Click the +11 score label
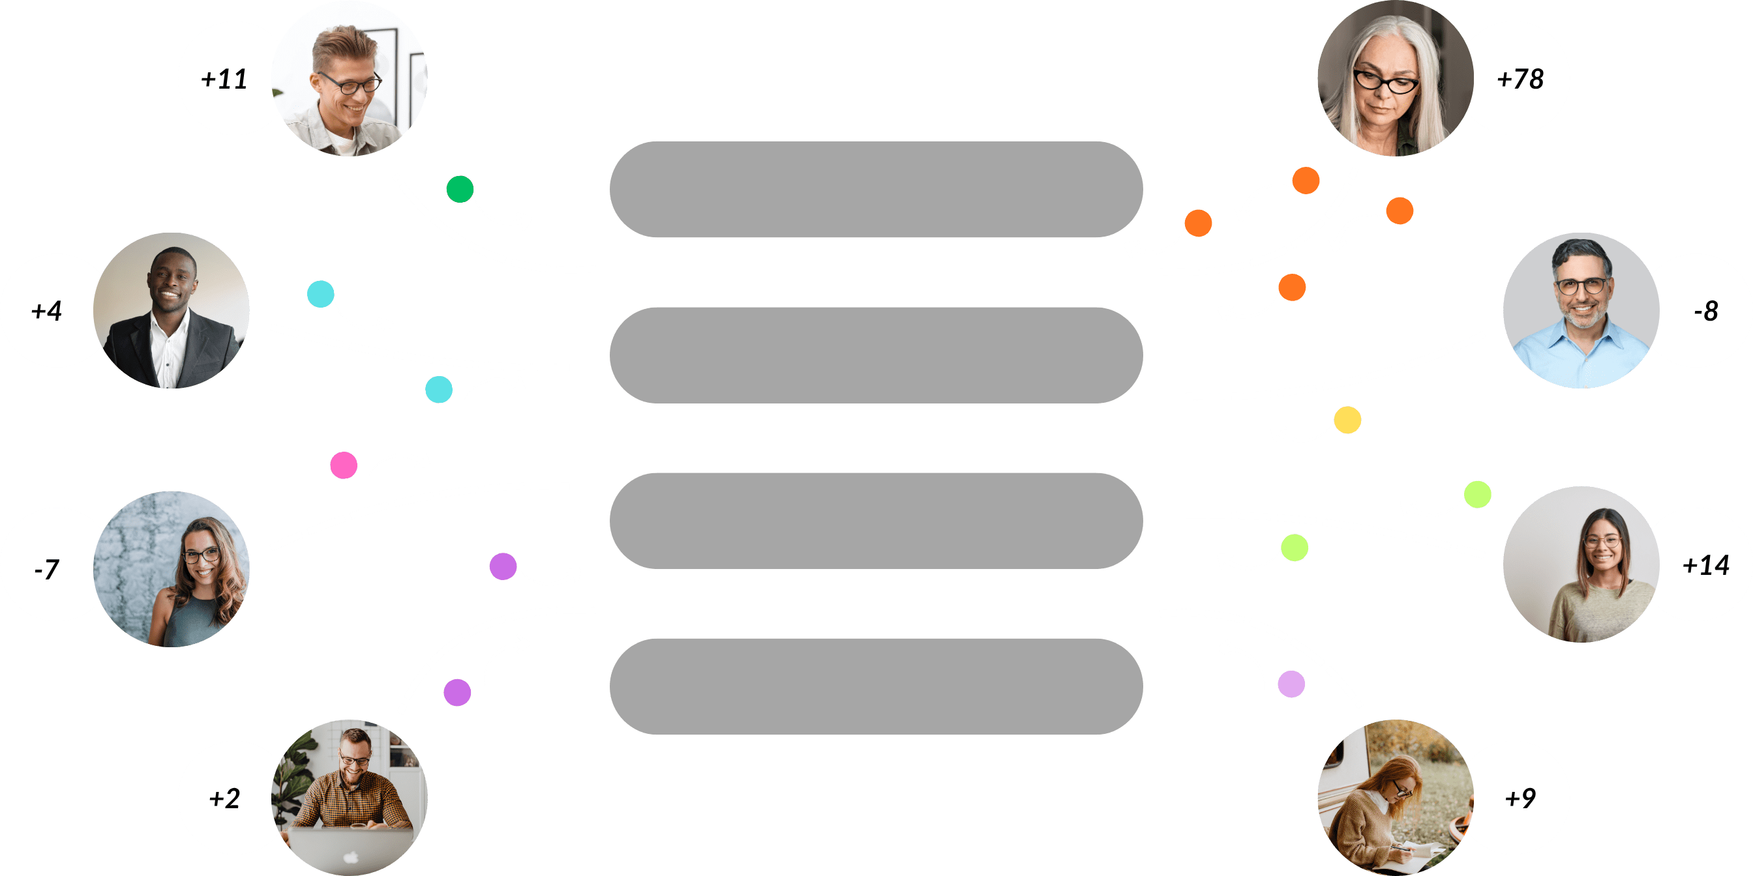tap(224, 80)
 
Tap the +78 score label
tap(1520, 80)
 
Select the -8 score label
tap(1705, 312)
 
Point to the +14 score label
tap(1705, 565)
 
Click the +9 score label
tap(1520, 798)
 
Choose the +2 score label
tap(224, 798)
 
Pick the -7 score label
tap(46, 568)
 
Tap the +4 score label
tap(46, 312)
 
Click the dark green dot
tap(460, 189)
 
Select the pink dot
tap(344, 465)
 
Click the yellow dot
tap(1347, 420)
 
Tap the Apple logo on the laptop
tap(350, 856)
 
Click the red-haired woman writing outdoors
tap(1388, 802)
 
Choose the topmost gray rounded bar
tap(876, 189)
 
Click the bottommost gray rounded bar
tap(876, 686)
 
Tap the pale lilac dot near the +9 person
tap(1291, 684)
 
